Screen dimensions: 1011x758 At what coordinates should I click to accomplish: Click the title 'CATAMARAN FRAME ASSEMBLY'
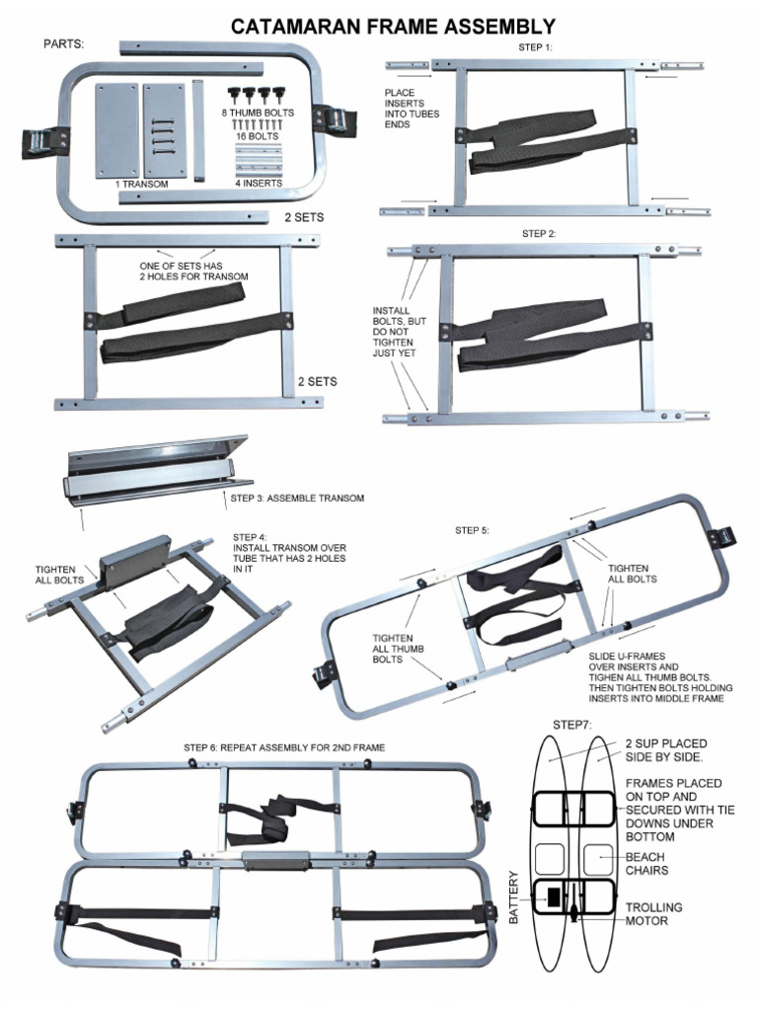[x=393, y=27]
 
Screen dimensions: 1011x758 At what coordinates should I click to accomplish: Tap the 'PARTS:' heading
[x=64, y=44]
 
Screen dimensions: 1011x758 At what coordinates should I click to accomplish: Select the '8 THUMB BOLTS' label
[x=258, y=114]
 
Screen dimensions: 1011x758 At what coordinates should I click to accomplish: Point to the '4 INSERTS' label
[x=259, y=183]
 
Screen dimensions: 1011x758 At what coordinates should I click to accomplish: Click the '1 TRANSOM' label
[x=141, y=184]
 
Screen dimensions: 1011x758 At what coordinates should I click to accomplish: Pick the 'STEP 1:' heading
[x=536, y=47]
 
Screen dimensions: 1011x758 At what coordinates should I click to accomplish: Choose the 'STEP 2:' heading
[x=539, y=233]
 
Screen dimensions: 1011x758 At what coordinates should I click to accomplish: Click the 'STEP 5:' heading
[x=472, y=530]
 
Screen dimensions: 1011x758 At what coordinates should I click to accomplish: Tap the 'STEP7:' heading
[x=572, y=725]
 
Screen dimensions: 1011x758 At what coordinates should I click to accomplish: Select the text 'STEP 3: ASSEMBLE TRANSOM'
[x=297, y=498]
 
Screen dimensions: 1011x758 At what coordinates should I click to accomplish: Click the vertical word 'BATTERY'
[x=513, y=896]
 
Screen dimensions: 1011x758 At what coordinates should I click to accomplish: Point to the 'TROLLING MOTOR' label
[x=653, y=913]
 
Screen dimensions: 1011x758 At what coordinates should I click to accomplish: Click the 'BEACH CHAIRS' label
[x=645, y=864]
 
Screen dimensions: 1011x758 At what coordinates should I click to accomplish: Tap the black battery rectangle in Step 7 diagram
[x=554, y=896]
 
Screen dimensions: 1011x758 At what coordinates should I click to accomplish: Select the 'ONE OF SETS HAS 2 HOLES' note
[x=192, y=271]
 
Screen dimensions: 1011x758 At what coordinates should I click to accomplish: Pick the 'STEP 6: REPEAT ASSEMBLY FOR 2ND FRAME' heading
[x=284, y=747]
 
